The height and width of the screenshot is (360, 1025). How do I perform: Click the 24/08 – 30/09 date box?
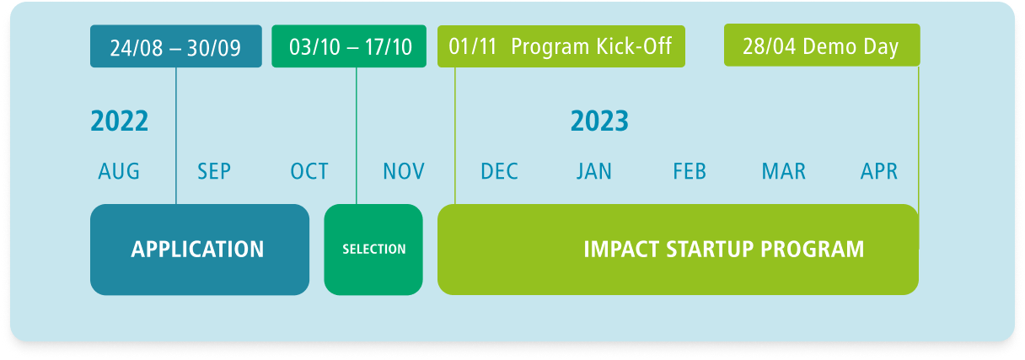[175, 46]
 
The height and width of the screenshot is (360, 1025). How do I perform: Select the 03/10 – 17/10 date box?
[349, 46]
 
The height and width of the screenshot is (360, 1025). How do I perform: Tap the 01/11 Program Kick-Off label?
[561, 46]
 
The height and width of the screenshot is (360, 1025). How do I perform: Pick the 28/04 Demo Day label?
[822, 46]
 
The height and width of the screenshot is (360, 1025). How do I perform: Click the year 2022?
[120, 121]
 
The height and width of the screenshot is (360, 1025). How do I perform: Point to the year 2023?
[599, 121]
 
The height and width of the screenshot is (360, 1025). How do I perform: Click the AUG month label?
[119, 171]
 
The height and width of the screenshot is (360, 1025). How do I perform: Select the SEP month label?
[214, 171]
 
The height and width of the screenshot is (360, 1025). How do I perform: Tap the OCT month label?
[309, 171]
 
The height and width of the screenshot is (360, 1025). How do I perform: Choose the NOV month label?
[404, 171]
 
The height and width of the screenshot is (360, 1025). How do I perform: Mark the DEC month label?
[499, 171]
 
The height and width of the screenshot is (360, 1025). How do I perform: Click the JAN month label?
[594, 171]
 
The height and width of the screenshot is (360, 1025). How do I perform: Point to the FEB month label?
[690, 171]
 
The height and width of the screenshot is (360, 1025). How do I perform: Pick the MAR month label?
[783, 171]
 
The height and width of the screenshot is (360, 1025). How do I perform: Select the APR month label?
[879, 171]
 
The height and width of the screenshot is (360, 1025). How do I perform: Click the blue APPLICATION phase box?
[200, 250]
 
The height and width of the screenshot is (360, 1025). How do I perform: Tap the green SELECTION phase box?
[373, 250]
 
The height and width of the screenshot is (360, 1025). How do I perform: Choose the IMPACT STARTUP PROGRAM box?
[679, 250]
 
